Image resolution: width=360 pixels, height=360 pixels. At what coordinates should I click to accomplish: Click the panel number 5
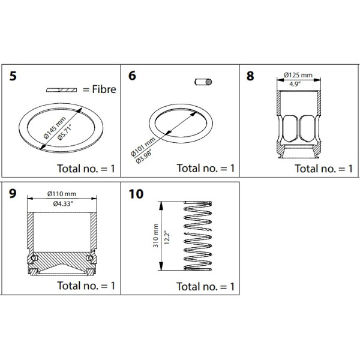13,76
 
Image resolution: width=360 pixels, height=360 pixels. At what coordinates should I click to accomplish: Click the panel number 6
133,76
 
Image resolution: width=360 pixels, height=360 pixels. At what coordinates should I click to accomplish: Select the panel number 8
250,76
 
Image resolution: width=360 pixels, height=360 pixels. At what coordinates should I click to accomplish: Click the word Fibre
99,90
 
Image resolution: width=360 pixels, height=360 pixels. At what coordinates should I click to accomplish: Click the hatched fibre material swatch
61,90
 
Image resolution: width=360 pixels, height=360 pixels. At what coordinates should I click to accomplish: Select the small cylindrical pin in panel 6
203,82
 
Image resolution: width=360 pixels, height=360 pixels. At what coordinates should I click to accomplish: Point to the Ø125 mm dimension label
299,76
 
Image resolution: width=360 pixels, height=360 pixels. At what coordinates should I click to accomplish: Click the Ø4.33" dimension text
62,203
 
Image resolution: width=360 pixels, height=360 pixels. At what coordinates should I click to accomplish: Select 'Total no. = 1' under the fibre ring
86,168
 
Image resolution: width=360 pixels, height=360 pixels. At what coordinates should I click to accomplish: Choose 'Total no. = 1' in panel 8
324,168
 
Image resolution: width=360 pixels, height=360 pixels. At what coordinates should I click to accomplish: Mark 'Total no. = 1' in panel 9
86,286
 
